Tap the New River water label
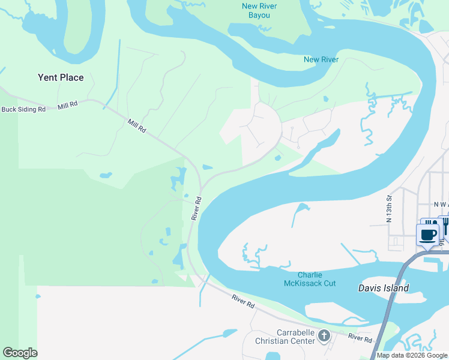pyautogui.click(x=321, y=59)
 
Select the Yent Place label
pyautogui.click(x=61, y=77)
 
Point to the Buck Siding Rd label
pyautogui.click(x=24, y=109)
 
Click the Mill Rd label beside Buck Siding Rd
pyautogui.click(x=68, y=106)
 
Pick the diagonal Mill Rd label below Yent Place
pyautogui.click(x=137, y=125)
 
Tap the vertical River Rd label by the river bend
pyautogui.click(x=195, y=208)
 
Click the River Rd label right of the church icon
pyautogui.click(x=360, y=338)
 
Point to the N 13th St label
pyautogui.click(x=389, y=208)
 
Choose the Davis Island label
pyautogui.click(x=384, y=288)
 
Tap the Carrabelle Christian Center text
pyautogui.click(x=295, y=337)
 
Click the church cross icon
pyautogui.click(x=324, y=335)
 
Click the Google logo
pyautogui.click(x=20, y=353)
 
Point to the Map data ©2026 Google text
pyautogui.click(x=412, y=355)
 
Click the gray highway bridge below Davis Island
pyautogui.click(x=384, y=318)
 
